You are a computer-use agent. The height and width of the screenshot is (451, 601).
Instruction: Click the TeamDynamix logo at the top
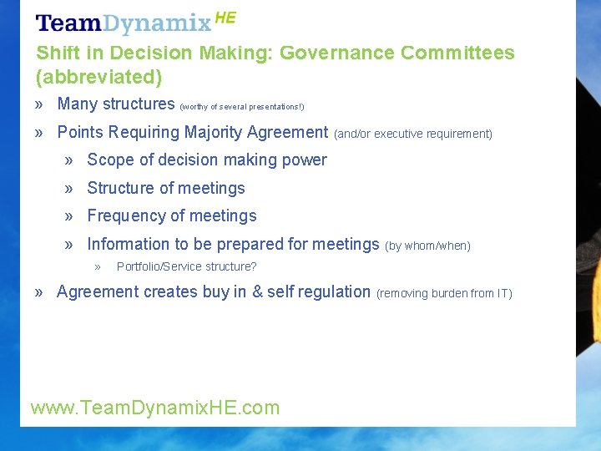124,23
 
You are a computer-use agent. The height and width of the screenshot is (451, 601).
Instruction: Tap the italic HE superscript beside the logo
225,18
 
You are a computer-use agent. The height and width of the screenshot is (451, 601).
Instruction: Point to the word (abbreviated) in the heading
98,78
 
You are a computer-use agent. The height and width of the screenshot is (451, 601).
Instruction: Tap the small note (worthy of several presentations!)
242,107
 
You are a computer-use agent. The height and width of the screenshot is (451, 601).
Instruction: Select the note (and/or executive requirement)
413,134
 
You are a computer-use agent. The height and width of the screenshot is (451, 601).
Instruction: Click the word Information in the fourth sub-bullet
128,244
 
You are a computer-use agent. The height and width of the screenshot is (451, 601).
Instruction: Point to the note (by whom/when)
427,246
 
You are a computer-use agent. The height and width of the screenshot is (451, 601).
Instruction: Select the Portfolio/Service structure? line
186,266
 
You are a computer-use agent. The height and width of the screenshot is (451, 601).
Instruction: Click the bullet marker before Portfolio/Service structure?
98,267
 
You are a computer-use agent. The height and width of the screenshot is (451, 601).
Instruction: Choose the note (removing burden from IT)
444,293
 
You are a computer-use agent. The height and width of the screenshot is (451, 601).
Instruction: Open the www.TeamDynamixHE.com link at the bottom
155,408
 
